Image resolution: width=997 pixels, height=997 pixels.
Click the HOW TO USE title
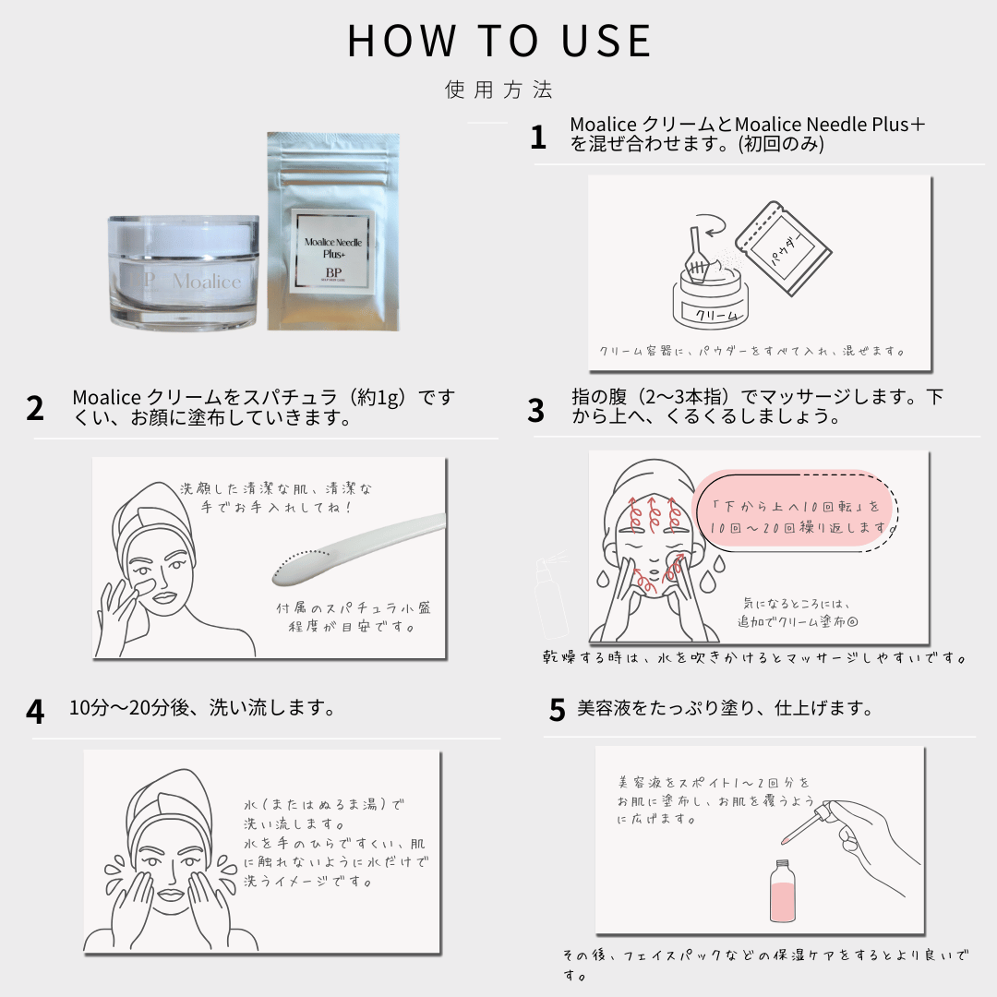tap(499, 42)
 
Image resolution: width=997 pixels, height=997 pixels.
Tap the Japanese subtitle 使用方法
tap(498, 90)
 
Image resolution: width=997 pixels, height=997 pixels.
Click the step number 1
tap(538, 138)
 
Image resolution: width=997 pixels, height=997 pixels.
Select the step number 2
tap(35, 408)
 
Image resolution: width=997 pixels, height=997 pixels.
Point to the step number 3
tap(536, 410)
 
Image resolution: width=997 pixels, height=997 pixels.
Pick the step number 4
tap(35, 712)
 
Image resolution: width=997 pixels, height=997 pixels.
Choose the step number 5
tap(557, 710)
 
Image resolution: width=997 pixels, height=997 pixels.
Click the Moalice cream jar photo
tap(184, 272)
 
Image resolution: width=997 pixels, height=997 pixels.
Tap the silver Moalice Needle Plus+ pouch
tap(333, 232)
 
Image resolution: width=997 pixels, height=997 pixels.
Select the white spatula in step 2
tap(358, 549)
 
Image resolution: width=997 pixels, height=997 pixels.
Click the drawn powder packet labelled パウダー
tap(784, 248)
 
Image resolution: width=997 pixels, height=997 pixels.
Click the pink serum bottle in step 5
tap(782, 891)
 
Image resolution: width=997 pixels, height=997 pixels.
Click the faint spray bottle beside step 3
tap(550, 596)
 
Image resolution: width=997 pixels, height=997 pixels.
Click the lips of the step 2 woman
tap(165, 597)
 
